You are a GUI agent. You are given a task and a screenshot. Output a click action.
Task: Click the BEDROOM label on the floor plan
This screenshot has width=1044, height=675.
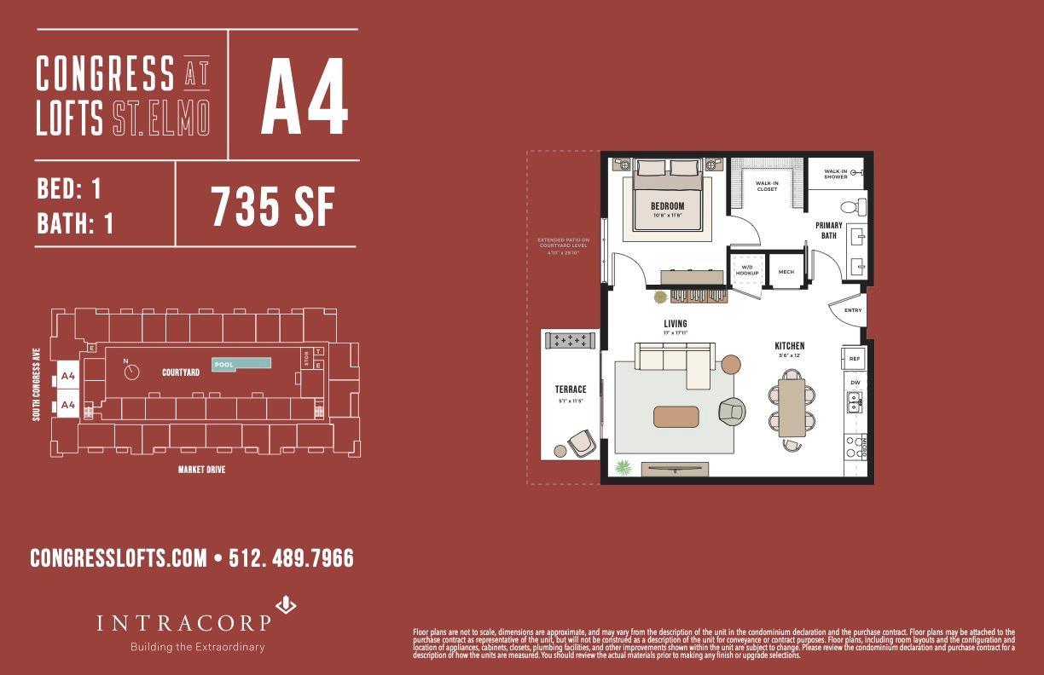tap(667, 205)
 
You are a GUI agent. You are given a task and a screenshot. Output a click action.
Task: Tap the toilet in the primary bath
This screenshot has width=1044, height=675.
tap(849, 205)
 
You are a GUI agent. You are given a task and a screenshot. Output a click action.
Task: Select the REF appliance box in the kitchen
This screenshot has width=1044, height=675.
tap(855, 359)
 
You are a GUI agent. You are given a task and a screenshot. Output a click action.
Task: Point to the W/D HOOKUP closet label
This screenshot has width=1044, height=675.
tap(747, 270)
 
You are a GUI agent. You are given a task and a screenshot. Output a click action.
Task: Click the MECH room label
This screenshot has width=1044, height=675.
tap(786, 272)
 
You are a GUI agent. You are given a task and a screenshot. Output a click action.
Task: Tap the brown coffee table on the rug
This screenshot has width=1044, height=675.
tap(676, 416)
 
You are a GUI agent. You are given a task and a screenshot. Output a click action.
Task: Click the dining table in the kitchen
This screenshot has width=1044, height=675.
tap(792, 407)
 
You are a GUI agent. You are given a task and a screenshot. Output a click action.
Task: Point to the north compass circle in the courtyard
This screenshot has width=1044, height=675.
tap(130, 372)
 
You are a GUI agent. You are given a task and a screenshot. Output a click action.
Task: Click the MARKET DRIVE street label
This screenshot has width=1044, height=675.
tap(201, 470)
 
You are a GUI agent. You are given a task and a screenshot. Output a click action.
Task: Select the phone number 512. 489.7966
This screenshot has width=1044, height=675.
tap(291, 558)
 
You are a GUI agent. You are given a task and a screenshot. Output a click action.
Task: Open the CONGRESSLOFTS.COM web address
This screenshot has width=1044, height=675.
tap(119, 558)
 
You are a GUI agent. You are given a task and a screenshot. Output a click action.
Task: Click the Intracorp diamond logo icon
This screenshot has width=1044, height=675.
tap(287, 605)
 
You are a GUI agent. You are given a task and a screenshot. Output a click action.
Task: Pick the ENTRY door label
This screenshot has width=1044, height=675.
tap(853, 310)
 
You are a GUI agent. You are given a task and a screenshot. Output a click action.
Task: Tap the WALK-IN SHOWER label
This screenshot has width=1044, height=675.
tap(835, 174)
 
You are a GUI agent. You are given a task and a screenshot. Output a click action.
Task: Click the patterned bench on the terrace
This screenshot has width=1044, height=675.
tap(569, 340)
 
